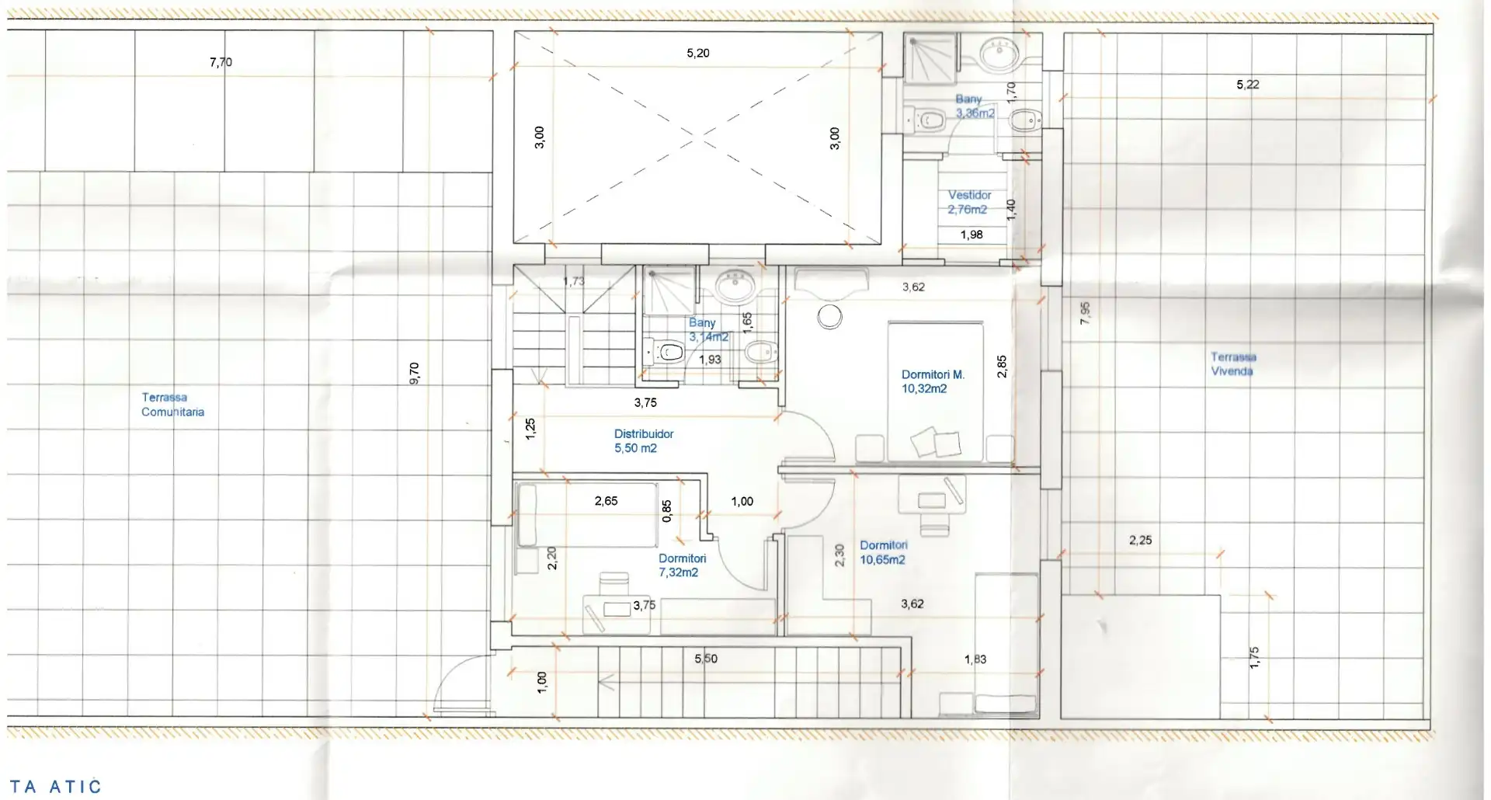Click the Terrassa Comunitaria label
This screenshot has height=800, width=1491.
tap(172, 405)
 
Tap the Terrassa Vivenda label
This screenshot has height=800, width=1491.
tap(1233, 364)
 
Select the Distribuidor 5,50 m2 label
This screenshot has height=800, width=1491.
tap(644, 441)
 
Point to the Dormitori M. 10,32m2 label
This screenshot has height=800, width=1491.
tap(933, 381)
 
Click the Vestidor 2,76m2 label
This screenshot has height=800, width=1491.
tap(969, 202)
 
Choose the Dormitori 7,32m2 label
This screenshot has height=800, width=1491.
tap(682, 565)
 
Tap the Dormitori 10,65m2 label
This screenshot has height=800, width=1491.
tap(883, 552)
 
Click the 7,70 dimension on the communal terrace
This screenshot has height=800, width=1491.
tap(221, 62)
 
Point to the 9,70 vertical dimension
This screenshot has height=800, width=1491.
tap(414, 373)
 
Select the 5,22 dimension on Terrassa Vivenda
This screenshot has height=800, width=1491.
tap(1248, 85)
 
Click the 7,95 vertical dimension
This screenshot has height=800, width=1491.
tap(1085, 313)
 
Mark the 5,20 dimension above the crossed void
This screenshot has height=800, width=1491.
tap(698, 53)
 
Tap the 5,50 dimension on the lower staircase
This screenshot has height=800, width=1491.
tap(706, 659)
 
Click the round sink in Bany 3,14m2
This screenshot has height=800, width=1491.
tap(734, 288)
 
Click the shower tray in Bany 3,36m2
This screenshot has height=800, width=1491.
tap(930, 57)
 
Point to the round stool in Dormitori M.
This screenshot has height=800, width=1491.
tap(830, 317)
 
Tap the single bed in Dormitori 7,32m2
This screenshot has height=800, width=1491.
tap(587, 515)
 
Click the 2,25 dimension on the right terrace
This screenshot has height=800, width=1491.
tap(1140, 540)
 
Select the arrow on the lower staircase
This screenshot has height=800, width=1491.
tap(607, 683)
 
